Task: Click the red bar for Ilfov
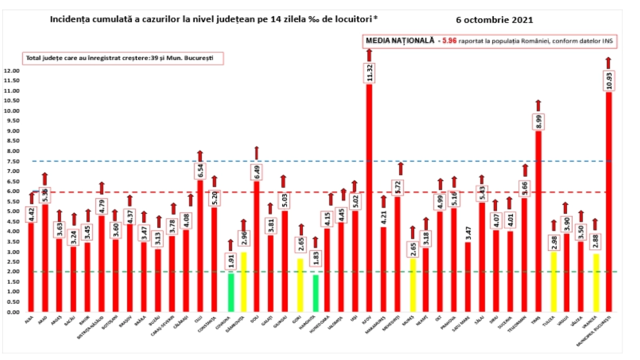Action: point(369,200)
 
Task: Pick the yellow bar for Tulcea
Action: point(554,282)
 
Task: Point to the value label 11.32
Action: point(369,73)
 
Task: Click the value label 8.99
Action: point(538,122)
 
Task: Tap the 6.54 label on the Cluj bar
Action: point(200,171)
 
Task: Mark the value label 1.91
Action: point(231,261)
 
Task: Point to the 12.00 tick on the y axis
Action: point(12,71)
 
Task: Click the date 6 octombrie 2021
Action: point(494,20)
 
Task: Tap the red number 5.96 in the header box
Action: point(449,41)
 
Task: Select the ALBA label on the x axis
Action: point(29,320)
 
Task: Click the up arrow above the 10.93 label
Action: point(608,63)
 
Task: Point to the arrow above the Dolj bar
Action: point(256,153)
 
